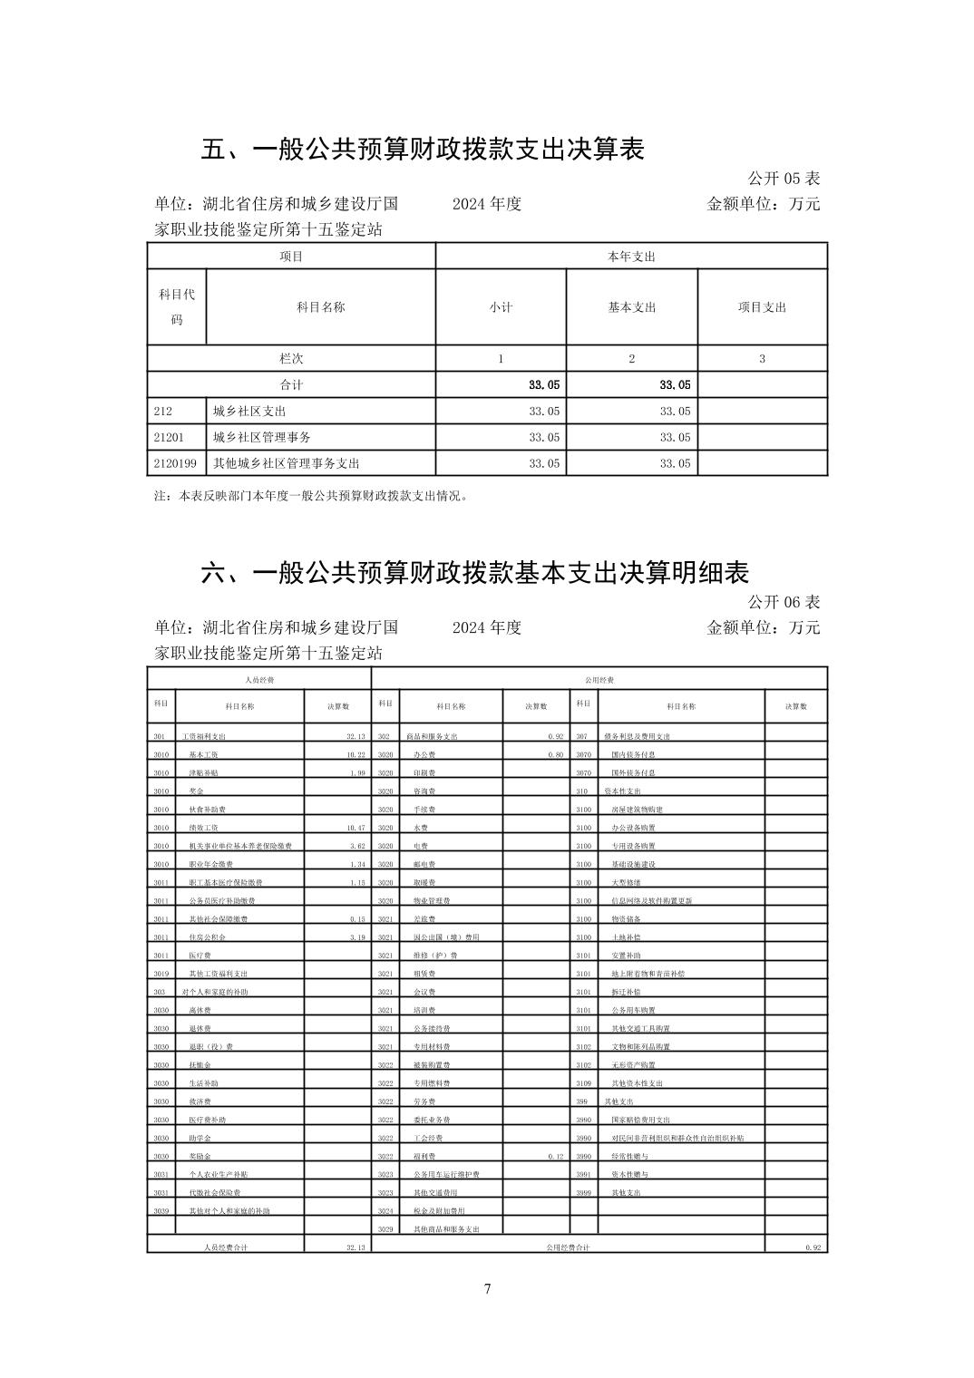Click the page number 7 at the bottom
click(487, 1289)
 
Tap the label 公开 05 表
click(784, 179)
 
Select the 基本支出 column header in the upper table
click(631, 307)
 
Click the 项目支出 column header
click(762, 307)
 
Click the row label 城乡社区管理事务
click(262, 437)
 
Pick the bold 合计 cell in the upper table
click(291, 384)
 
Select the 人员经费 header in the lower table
click(259, 679)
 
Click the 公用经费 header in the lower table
click(599, 679)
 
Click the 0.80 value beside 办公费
click(555, 754)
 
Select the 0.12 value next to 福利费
click(555, 1157)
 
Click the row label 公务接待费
click(432, 1029)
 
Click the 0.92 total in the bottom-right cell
click(812, 1247)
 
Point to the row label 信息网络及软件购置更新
click(651, 901)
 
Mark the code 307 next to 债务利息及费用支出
click(581, 736)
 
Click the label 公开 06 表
click(784, 602)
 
